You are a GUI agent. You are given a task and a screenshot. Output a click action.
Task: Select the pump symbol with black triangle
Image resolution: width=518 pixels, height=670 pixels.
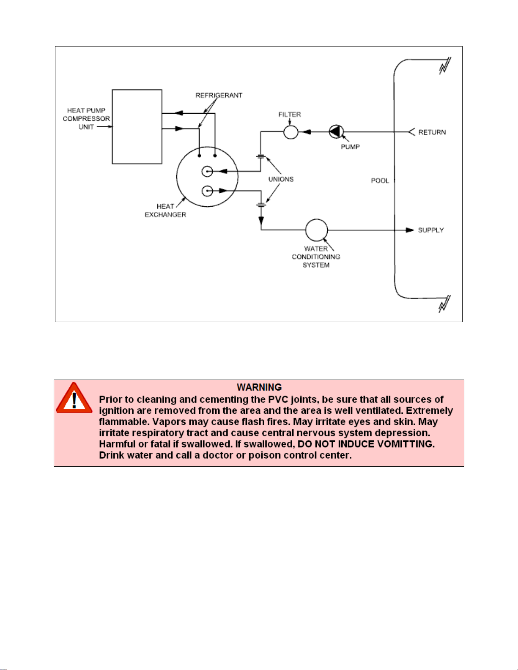pyautogui.click(x=336, y=132)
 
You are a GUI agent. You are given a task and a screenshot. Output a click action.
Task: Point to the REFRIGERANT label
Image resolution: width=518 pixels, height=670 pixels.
pyautogui.click(x=219, y=95)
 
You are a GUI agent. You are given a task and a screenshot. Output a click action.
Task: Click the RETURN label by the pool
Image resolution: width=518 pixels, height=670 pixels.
pyautogui.click(x=432, y=132)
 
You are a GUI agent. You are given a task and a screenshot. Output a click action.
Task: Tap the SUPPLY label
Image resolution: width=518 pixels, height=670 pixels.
pyautogui.click(x=431, y=230)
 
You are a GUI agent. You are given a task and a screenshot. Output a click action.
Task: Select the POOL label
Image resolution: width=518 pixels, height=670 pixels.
pyautogui.click(x=380, y=180)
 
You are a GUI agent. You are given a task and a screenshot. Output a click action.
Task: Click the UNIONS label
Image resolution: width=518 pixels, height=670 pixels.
pyautogui.click(x=281, y=179)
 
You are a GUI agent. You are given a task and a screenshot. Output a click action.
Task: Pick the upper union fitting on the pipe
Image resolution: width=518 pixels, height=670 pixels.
pyautogui.click(x=261, y=156)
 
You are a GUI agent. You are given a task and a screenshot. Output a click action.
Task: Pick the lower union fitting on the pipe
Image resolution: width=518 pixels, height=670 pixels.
pyautogui.click(x=261, y=205)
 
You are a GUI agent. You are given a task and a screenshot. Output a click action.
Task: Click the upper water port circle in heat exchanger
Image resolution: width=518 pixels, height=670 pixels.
pyautogui.click(x=207, y=172)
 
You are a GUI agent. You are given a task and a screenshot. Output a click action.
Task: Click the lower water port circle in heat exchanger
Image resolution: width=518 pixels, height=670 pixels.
pyautogui.click(x=207, y=191)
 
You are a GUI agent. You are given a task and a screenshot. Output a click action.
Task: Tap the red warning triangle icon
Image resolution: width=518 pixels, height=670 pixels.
pyautogui.click(x=74, y=398)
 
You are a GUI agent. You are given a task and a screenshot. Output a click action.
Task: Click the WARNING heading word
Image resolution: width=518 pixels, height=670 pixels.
pyautogui.click(x=259, y=387)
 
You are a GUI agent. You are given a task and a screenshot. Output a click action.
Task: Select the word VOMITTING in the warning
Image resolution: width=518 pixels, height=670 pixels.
pyautogui.click(x=406, y=444)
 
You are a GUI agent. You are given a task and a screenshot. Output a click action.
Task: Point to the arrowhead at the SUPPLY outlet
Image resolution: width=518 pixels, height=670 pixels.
pyautogui.click(x=410, y=230)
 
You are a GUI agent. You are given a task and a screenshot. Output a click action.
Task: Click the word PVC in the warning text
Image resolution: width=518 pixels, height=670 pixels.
pyautogui.click(x=278, y=399)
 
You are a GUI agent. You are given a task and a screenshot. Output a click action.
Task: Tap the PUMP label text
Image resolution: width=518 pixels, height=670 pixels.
pyautogui.click(x=350, y=147)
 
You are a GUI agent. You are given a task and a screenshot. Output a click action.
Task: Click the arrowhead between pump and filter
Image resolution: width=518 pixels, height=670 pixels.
pyautogui.click(x=307, y=132)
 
